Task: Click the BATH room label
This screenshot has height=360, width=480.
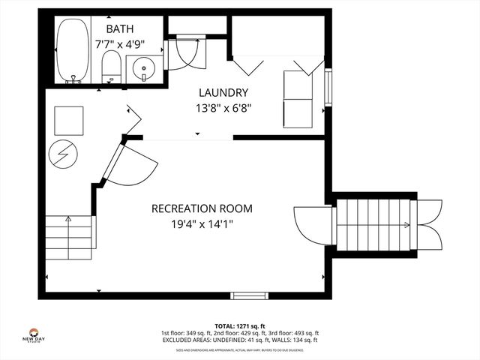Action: pyautogui.click(x=119, y=28)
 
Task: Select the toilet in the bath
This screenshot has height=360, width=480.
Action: pyautogui.click(x=111, y=66)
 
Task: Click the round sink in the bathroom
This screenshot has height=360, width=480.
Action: pyautogui.click(x=143, y=70)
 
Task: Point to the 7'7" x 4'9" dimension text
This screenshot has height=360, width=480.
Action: pyautogui.click(x=119, y=43)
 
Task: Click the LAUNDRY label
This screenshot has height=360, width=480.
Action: pyautogui.click(x=223, y=92)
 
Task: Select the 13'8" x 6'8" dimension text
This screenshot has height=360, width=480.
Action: pyautogui.click(x=223, y=107)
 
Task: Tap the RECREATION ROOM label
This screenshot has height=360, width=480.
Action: pyautogui.click(x=202, y=208)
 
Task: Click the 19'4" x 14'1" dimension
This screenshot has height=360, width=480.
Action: pyautogui.click(x=202, y=223)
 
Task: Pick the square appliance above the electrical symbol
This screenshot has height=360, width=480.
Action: pyautogui.click(x=69, y=120)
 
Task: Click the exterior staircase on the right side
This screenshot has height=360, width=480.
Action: pyautogui.click(x=374, y=225)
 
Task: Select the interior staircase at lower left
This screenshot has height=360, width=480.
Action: pyautogui.click(x=69, y=234)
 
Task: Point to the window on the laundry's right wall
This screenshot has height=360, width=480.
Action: pyautogui.click(x=328, y=87)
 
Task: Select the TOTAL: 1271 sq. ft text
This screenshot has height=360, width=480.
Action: pyautogui.click(x=240, y=326)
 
